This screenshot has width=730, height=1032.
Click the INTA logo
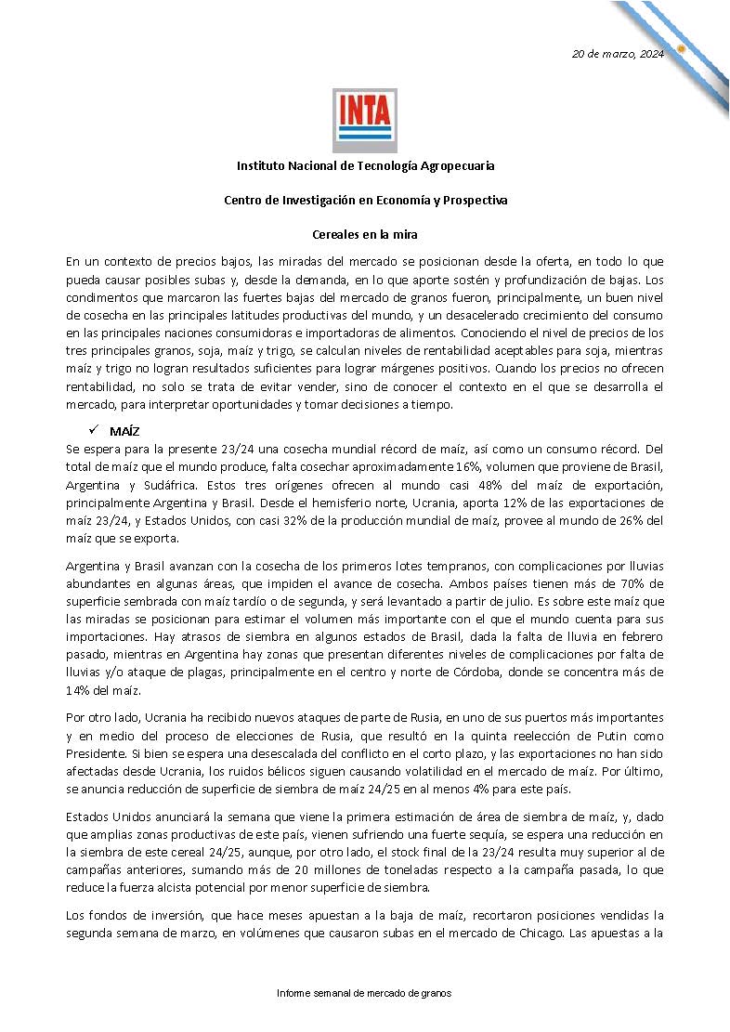click(x=365, y=120)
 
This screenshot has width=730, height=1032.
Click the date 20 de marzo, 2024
click(x=618, y=53)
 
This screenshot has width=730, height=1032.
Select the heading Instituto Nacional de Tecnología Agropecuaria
click(x=365, y=165)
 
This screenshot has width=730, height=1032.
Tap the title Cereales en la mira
click(x=365, y=235)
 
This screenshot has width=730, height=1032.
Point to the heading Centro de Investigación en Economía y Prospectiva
click(x=365, y=200)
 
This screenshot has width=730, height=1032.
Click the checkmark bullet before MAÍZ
click(x=93, y=431)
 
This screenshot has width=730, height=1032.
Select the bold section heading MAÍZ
click(x=124, y=432)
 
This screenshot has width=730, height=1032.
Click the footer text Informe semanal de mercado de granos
click(x=364, y=993)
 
